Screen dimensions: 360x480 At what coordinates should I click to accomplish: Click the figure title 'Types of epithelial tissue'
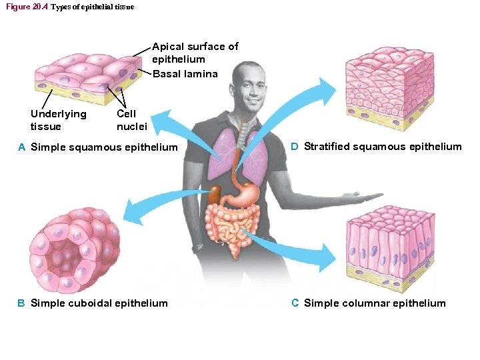[x=92, y=7]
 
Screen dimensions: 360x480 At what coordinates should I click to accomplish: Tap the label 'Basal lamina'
[x=185, y=73]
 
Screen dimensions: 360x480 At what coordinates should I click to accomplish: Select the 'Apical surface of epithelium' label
[x=195, y=53]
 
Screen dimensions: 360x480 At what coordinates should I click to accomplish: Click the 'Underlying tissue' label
[x=58, y=120]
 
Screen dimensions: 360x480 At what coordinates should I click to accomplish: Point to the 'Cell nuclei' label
[x=131, y=120]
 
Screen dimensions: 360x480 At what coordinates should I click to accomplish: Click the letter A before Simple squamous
[x=22, y=147]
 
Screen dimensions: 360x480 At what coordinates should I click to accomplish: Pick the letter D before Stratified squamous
[x=295, y=147]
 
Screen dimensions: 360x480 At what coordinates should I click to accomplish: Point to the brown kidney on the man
[x=214, y=194]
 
